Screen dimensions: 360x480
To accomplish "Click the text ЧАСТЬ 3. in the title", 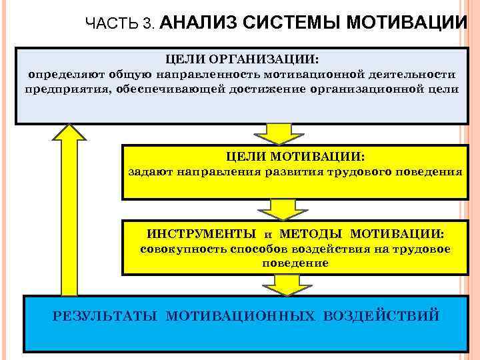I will coord(121,24).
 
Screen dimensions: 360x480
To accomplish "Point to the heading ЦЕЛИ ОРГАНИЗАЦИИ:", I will coord(241,59).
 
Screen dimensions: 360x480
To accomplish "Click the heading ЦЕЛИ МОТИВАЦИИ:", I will coord(295,157).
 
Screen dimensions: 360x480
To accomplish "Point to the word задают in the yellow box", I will coord(150,172).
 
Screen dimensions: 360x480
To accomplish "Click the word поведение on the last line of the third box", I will coord(295,263).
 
